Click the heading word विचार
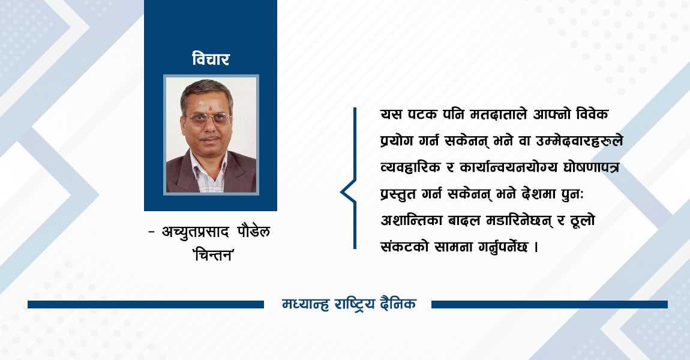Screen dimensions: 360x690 coord(211,59)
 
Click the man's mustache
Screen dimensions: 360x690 coord(209,137)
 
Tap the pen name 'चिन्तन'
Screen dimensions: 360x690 coord(211,254)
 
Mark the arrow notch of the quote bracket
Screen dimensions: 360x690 coord(343,192)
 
